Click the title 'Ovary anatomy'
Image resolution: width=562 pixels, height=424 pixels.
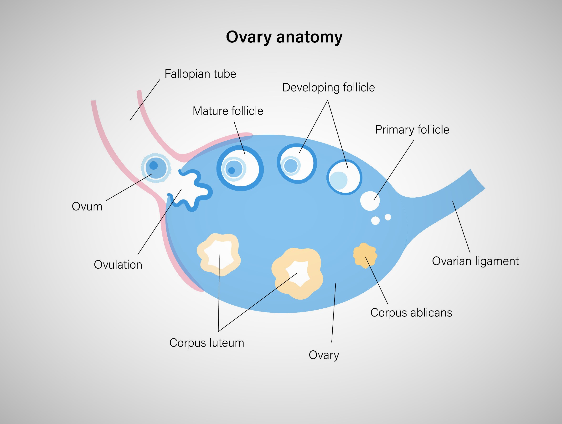284,37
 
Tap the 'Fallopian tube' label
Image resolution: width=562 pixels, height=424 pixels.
200,74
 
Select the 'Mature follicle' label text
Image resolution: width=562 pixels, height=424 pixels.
228,111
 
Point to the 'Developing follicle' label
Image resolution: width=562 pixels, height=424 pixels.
328,87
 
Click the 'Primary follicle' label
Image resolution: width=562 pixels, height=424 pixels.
412,130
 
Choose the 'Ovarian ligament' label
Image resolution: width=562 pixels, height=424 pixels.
475,261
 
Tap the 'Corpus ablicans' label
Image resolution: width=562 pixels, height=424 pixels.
411,312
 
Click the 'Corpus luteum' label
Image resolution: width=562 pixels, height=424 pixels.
206,343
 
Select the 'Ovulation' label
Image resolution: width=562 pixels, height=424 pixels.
118,265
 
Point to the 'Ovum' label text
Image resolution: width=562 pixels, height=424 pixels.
87,206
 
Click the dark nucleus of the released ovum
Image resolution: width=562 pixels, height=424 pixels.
154,166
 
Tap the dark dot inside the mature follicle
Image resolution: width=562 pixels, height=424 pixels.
232,170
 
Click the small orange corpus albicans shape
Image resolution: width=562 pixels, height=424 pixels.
365,255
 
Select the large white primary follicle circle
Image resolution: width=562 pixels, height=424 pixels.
370,201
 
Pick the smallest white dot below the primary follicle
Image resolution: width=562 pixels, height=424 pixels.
388,217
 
